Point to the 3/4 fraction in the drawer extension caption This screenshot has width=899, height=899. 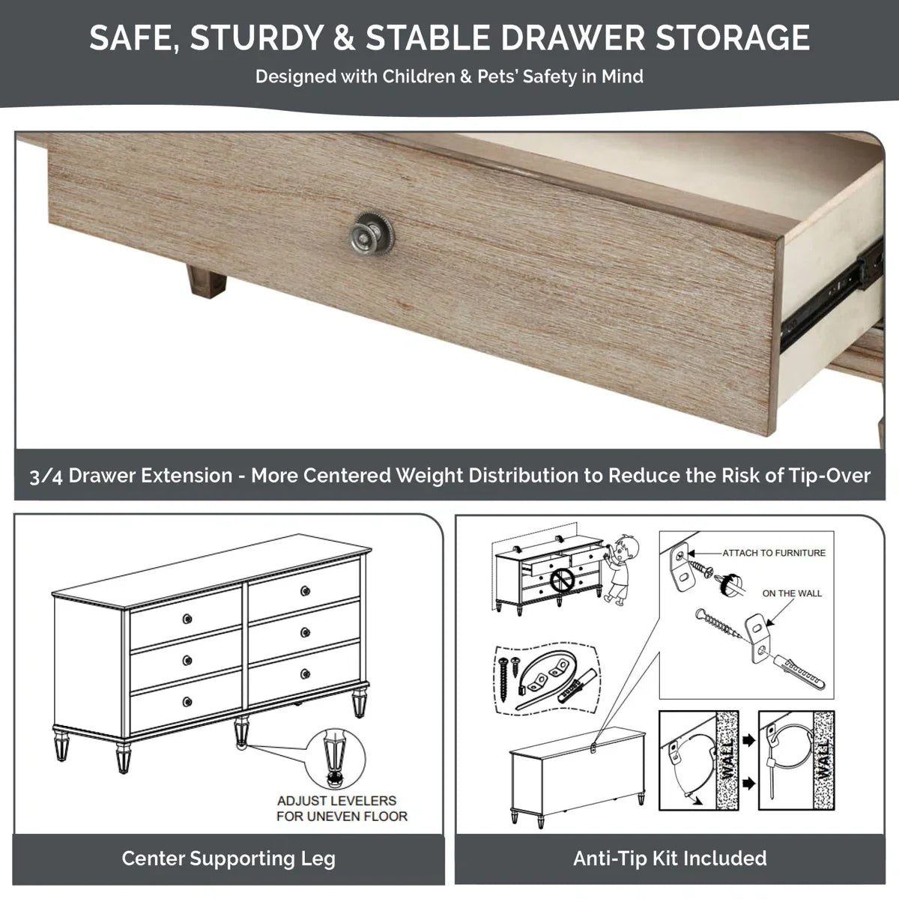(x=46, y=476)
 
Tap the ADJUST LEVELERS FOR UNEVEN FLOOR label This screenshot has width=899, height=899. (x=342, y=808)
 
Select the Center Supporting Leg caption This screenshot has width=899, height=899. (x=228, y=859)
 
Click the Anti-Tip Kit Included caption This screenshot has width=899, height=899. (x=670, y=859)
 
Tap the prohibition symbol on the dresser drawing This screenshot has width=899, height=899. (x=560, y=578)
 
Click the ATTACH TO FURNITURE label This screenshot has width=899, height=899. (x=773, y=553)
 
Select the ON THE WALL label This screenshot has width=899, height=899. (x=792, y=593)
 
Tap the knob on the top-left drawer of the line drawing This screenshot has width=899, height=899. (x=186, y=618)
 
